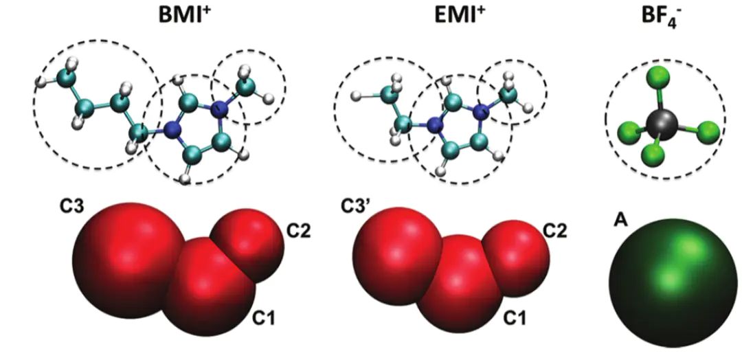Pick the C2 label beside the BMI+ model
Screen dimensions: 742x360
pyautogui.click(x=298, y=232)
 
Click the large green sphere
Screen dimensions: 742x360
pyautogui.click(x=673, y=283)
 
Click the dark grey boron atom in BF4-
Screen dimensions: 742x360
pyautogui.click(x=662, y=125)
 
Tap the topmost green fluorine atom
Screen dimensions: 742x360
pyautogui.click(x=659, y=76)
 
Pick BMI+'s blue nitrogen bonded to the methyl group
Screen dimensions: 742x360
pyautogui.click(x=218, y=109)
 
